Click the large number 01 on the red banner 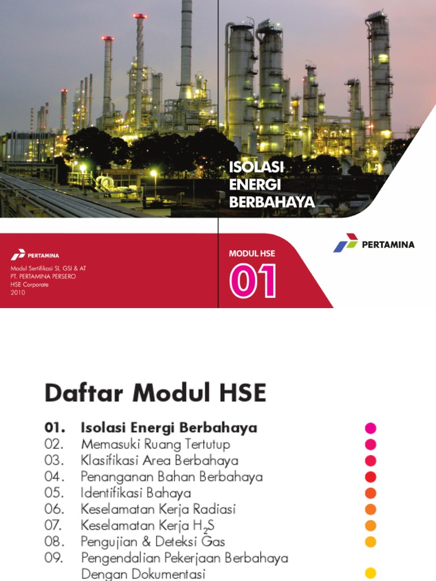point(253,281)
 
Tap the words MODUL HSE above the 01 point(251,254)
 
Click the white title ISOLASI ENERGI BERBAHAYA point(271,184)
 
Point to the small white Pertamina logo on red point(35,256)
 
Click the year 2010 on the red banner point(18,292)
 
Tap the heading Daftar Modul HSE point(155,393)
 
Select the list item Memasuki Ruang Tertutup point(155,444)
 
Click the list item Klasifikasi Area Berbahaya point(159,460)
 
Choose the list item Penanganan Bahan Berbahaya point(171,477)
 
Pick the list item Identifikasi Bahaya point(136,493)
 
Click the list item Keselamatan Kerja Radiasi point(158,510)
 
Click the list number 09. point(54,558)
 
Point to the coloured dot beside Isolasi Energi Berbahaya point(371,428)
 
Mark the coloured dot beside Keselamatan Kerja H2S point(371,525)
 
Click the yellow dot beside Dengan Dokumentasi point(371,573)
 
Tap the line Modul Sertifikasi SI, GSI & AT point(48,268)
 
